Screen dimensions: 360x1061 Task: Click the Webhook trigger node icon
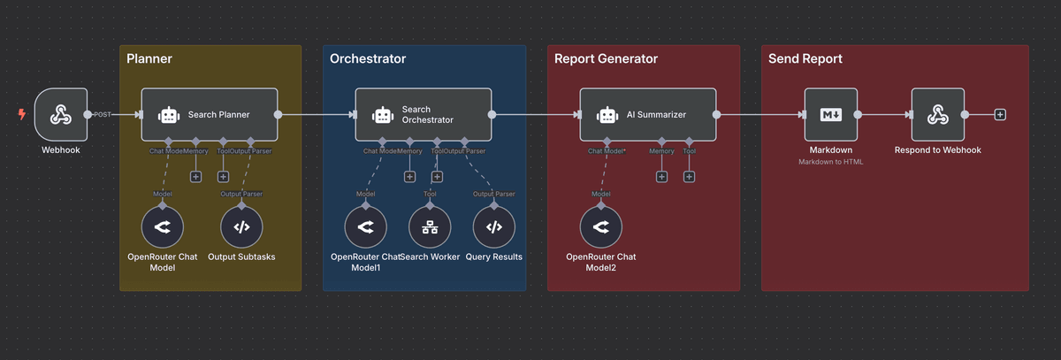[x=60, y=115]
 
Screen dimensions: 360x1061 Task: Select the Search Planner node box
[x=210, y=114]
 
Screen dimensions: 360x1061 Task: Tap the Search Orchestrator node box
[x=424, y=114]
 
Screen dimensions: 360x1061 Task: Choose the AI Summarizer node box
[x=648, y=114]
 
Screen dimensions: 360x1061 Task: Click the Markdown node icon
[x=830, y=115]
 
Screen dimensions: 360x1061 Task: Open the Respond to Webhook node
[x=937, y=115]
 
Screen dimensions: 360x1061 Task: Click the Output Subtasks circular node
[x=241, y=226]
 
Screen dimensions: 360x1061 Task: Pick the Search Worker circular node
[x=430, y=226]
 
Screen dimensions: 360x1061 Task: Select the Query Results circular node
[x=494, y=226]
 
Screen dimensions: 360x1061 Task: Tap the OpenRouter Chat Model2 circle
[x=601, y=226]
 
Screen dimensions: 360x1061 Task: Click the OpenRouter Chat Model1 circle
[x=365, y=226]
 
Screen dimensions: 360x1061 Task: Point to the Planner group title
[x=149, y=59]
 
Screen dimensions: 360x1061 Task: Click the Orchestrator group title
[x=368, y=59]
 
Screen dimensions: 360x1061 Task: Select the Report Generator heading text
[x=606, y=59]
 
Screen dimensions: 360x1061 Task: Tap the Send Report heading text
[x=805, y=59]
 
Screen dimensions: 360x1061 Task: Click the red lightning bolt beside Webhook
[x=22, y=114]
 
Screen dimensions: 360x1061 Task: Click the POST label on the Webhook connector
[x=103, y=115]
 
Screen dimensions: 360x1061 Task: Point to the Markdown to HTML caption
[x=830, y=162]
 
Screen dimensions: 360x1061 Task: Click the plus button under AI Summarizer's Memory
[x=661, y=177]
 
